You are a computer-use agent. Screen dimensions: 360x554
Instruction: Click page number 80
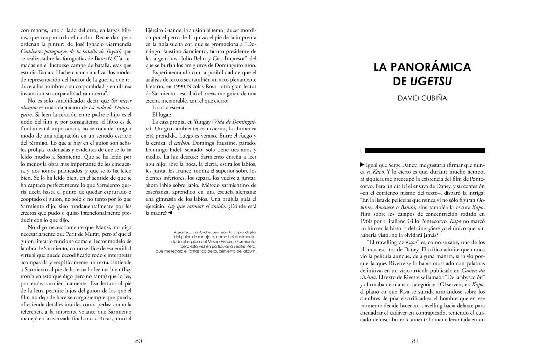coord(138,341)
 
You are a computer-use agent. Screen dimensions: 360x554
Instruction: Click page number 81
coord(415,341)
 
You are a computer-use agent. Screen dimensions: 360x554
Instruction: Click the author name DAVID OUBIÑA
coord(422,99)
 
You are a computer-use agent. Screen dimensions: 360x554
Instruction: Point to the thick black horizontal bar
coord(425,150)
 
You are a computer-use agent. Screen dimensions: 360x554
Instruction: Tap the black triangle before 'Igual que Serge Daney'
coord(362,165)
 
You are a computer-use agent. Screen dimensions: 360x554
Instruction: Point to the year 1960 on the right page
coord(366,221)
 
